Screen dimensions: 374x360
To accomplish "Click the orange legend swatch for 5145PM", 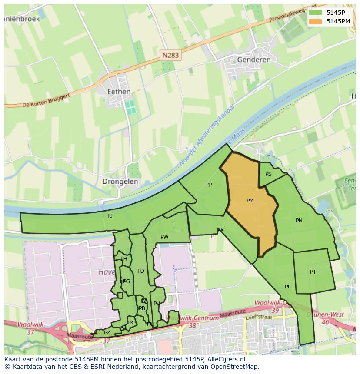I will click(316, 21).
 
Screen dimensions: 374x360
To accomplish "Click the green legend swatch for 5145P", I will click(316, 13).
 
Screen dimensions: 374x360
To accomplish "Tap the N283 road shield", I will click(170, 55).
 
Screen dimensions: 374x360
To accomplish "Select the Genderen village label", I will click(254, 60).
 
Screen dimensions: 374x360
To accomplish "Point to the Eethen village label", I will click(119, 92).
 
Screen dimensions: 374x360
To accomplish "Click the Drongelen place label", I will click(120, 182).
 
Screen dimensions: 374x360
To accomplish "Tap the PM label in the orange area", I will click(250, 201).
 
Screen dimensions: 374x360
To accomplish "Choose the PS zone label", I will click(268, 174).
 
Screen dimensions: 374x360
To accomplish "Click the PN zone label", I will click(299, 221).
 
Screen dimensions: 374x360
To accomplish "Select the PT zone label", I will click(313, 272).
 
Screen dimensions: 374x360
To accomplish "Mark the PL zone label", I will click(288, 287).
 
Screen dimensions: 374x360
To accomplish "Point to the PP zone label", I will click(209, 185).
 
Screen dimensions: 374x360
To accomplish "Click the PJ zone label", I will click(110, 215).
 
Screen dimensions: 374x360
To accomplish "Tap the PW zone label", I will click(164, 237).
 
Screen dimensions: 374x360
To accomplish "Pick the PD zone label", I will click(140, 271).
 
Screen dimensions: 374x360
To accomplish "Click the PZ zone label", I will click(107, 333).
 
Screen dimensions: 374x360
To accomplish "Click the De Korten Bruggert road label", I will click(43, 100).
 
